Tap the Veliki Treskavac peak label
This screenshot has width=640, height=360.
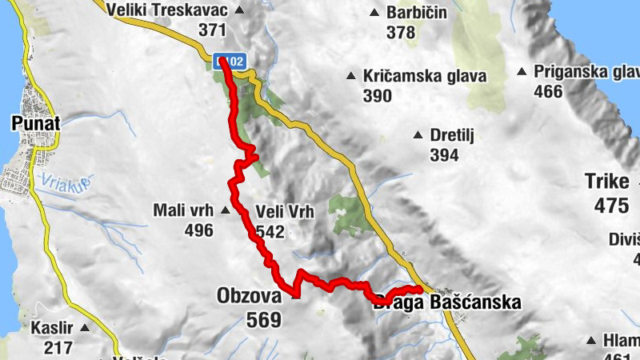click(x=170, y=10)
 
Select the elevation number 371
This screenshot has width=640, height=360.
click(x=213, y=30)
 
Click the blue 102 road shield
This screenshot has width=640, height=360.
click(x=229, y=61)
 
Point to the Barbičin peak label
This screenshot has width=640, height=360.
click(x=416, y=13)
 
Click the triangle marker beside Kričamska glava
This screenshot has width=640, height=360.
click(x=350, y=77)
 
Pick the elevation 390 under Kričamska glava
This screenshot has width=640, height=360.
click(x=377, y=96)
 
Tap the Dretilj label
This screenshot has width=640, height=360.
click(x=452, y=135)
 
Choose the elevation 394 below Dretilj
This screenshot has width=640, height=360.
click(x=443, y=155)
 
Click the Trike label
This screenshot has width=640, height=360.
click(x=607, y=182)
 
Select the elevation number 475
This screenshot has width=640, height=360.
click(x=611, y=206)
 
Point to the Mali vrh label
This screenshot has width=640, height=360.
click(x=182, y=211)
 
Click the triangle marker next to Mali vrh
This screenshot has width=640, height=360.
click(x=225, y=211)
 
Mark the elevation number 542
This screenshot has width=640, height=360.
click(x=270, y=232)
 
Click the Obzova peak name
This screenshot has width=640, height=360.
click(x=249, y=297)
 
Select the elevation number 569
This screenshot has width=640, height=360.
click(x=264, y=321)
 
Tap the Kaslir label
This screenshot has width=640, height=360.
click(x=52, y=328)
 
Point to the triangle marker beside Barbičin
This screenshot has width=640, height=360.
click(x=374, y=13)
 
